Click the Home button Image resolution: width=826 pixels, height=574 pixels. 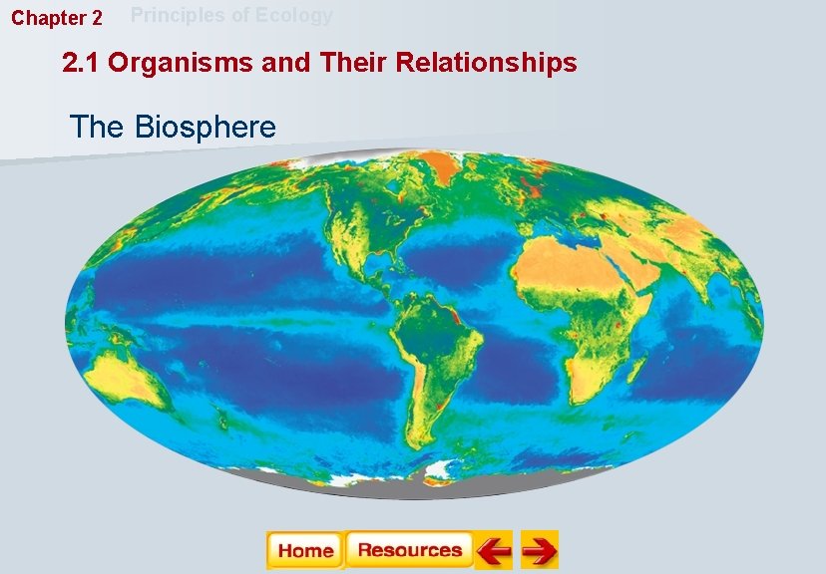click(x=305, y=550)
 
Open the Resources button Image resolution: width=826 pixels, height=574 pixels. click(x=409, y=550)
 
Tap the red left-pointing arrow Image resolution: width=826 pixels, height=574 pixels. click(x=493, y=550)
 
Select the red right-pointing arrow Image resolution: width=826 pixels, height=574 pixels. click(x=539, y=550)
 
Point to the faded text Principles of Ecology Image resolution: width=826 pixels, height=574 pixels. click(x=231, y=16)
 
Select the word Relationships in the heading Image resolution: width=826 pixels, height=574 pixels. click(x=486, y=64)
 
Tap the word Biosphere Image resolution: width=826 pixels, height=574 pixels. click(x=205, y=128)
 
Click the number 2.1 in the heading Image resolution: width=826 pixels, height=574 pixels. click(x=82, y=64)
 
